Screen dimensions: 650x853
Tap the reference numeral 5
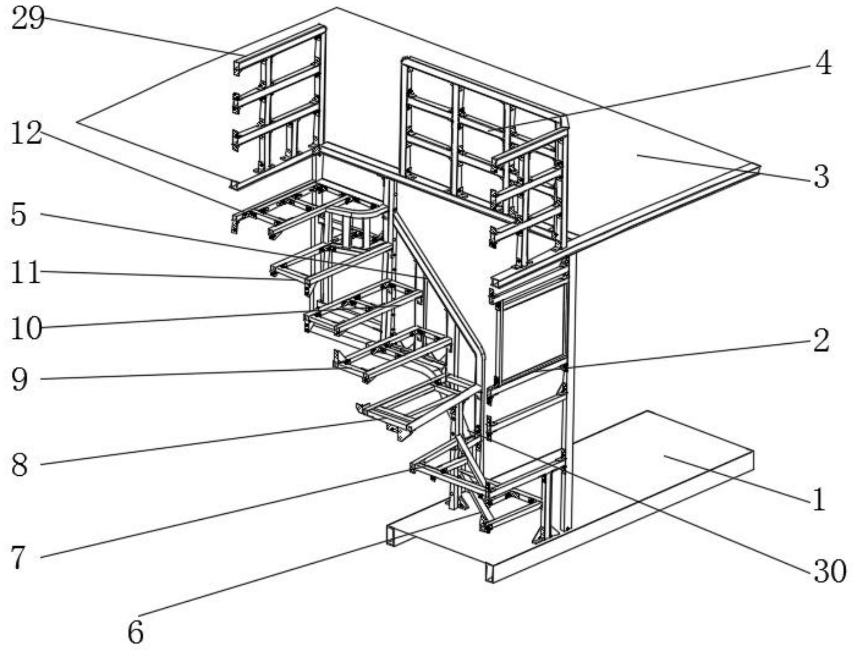[18, 215]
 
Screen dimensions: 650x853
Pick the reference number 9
[19, 379]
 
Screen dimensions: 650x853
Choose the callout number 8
[19, 465]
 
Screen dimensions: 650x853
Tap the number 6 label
[136, 632]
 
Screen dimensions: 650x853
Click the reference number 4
[823, 64]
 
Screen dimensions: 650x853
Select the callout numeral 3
[822, 177]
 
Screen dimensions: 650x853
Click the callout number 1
[819, 499]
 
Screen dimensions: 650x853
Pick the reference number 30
[830, 572]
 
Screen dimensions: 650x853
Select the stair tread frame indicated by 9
[392, 355]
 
